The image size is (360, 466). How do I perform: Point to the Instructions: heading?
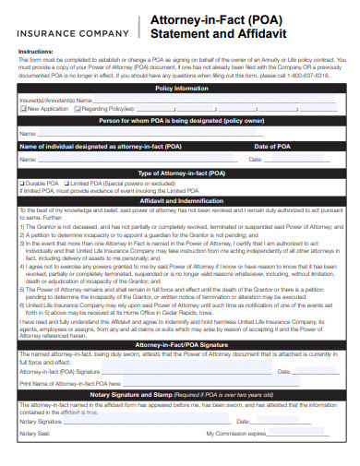point(37,52)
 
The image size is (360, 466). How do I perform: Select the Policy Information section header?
point(181,88)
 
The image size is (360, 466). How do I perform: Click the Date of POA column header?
point(273,147)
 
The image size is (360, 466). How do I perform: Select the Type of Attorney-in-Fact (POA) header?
point(181,173)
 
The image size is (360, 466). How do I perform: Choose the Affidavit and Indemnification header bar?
point(181,200)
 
